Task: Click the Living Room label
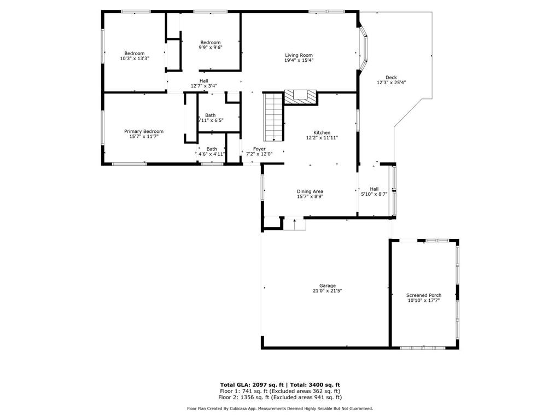[x=299, y=55]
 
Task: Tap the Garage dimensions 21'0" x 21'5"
[x=328, y=291]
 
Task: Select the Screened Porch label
[x=424, y=295]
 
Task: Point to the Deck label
[x=391, y=77]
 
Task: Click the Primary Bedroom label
[x=144, y=131]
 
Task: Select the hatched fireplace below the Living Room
[x=300, y=96]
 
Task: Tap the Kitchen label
[x=322, y=132]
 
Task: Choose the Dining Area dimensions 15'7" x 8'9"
[x=310, y=197]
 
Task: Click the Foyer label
[x=259, y=149]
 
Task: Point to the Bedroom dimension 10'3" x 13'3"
[x=135, y=59]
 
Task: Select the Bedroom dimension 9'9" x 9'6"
[x=211, y=48]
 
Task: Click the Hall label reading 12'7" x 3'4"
[x=203, y=86]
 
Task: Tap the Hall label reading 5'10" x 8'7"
[x=374, y=194]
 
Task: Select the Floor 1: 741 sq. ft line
[x=280, y=391]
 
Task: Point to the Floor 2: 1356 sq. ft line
[x=280, y=397]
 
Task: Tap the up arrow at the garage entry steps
[x=295, y=223]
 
